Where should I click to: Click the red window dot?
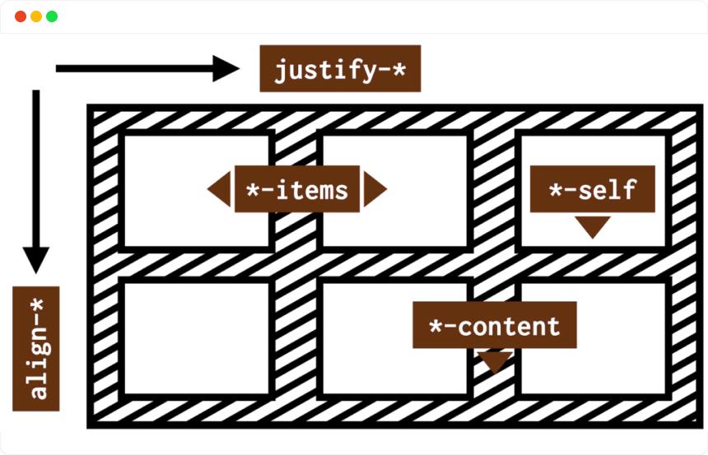tap(21, 16)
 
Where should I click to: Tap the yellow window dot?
tap(36, 16)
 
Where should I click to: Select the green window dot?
tap(52, 16)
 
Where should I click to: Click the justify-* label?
tap(340, 69)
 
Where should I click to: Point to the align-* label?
tap(36, 349)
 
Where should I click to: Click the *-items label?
tap(296, 190)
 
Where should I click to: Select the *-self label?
tap(592, 190)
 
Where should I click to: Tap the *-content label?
tap(494, 326)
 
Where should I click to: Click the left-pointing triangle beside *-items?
tap(220, 190)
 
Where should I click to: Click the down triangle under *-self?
tap(593, 226)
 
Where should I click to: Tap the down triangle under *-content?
tap(495, 360)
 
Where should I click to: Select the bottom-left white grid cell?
tap(197, 337)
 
